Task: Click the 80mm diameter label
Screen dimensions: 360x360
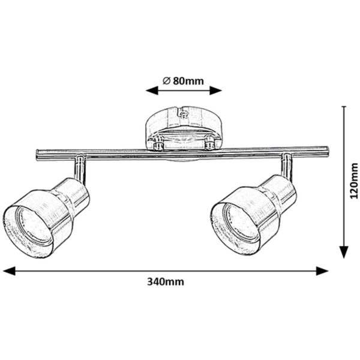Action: (x=183, y=81)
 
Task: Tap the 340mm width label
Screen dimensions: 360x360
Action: (x=166, y=281)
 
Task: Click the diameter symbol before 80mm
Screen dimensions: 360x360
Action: (x=166, y=81)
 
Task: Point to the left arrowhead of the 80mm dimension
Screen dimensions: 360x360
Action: (x=152, y=91)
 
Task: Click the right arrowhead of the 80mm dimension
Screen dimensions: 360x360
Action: (x=216, y=91)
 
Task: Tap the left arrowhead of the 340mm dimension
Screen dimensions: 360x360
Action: (x=9, y=271)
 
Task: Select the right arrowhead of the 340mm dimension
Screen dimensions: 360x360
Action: (x=322, y=271)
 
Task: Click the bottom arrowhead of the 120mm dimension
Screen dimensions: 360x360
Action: (x=344, y=252)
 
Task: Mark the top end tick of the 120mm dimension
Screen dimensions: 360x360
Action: (x=344, y=107)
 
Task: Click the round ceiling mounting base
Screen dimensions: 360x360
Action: (x=184, y=128)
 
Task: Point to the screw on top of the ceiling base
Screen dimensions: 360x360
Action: (x=183, y=114)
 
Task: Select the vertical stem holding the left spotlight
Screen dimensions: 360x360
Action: (x=80, y=168)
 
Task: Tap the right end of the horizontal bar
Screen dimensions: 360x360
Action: (x=327, y=152)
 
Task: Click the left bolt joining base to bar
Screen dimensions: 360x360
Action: (x=158, y=143)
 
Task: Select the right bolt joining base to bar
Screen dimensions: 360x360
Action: (x=209, y=143)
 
